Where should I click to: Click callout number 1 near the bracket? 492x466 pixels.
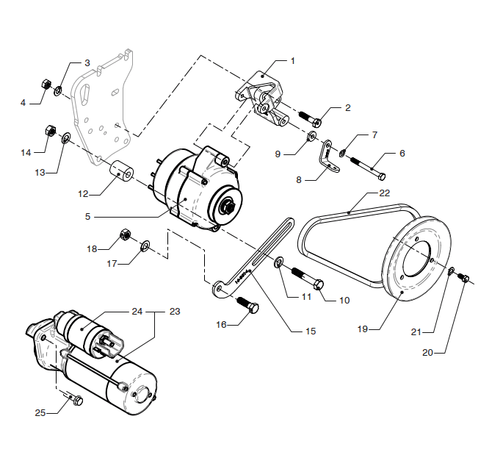(292, 60)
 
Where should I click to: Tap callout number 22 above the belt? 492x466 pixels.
(384, 193)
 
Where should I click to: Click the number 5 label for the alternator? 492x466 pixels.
(87, 217)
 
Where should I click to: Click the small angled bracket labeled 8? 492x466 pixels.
(325, 157)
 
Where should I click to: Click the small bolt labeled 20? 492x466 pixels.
(463, 278)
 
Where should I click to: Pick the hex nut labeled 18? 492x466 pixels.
(125, 236)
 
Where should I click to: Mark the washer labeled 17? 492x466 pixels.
(144, 245)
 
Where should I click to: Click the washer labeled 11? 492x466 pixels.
(280, 262)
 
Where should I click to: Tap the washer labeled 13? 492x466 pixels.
(65, 137)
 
